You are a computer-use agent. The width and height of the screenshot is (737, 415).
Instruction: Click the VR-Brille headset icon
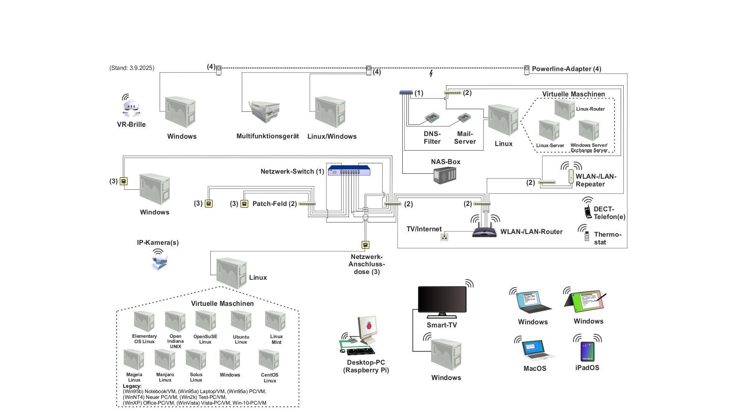tap(131, 108)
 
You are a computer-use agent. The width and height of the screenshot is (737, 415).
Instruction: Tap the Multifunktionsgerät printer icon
tap(265, 111)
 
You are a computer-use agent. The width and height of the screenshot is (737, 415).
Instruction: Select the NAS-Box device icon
tap(445, 175)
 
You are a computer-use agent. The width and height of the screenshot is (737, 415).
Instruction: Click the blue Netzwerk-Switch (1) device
tap(349, 171)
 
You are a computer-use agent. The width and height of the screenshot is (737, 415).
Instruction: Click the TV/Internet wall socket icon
tap(445, 237)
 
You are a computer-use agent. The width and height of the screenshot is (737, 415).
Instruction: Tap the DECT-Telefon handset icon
tap(588, 211)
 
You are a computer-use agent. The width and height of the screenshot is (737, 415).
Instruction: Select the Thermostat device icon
tap(587, 236)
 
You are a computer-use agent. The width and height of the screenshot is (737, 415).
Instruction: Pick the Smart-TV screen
tap(442, 300)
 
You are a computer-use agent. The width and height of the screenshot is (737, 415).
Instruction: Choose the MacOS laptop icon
tap(538, 350)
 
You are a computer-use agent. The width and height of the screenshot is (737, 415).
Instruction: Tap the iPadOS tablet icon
tap(587, 351)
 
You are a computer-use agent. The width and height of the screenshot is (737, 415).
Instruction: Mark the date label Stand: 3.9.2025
tap(132, 68)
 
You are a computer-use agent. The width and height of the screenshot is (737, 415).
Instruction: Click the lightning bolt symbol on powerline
tap(431, 73)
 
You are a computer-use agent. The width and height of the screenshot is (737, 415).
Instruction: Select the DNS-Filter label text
tap(432, 138)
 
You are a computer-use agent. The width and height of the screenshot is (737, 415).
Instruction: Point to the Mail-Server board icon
tap(464, 118)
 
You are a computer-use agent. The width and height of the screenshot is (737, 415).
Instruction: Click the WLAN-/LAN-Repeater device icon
tap(571, 176)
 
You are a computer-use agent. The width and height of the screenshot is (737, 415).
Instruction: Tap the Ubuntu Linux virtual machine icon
tap(241, 321)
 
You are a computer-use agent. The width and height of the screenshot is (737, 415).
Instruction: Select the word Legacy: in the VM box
tap(132, 386)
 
